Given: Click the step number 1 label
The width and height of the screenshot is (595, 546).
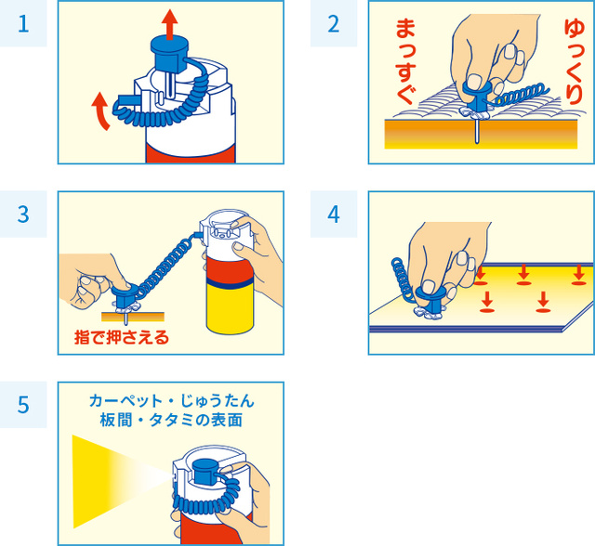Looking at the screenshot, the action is (x=23, y=24).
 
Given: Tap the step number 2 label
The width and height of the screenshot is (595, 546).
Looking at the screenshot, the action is (x=334, y=24).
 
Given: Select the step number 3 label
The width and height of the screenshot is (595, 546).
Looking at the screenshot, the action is (x=23, y=214).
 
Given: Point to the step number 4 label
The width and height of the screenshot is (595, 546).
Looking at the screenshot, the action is (x=334, y=214).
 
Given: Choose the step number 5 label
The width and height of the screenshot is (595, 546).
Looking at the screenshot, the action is (x=23, y=405).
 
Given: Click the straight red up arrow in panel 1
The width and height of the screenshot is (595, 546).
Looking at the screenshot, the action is (x=169, y=24).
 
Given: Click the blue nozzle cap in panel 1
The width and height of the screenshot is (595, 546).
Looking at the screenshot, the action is (x=169, y=53).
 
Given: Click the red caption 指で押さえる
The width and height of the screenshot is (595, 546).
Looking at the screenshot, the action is (x=122, y=337).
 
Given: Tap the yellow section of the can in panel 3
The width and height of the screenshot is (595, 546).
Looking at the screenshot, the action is (x=230, y=308).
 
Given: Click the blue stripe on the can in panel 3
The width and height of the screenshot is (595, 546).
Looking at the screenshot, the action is (x=230, y=282).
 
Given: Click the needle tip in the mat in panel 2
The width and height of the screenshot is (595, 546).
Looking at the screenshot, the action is (x=477, y=142).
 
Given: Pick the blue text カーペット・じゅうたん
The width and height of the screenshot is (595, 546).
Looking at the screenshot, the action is (x=171, y=401).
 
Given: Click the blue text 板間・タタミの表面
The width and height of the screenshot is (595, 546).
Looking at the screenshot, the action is (x=171, y=420).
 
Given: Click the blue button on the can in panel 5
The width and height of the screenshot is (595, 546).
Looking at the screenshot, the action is (x=205, y=471).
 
